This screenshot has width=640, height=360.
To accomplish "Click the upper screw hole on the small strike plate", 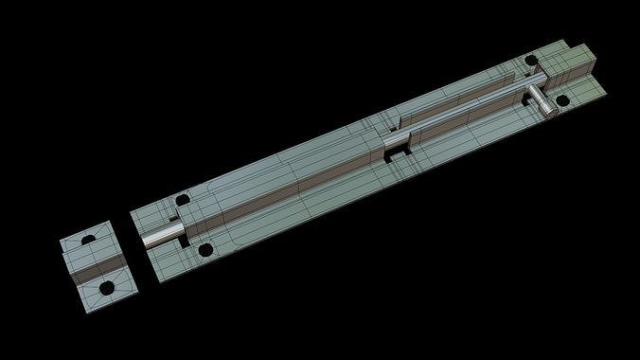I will [88, 240].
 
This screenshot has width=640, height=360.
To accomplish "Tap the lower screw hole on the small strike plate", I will [107, 286].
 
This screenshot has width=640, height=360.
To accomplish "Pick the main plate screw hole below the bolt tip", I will [204, 251].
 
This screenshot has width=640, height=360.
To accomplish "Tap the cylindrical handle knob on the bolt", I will [542, 101].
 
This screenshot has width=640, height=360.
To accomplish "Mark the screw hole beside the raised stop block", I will [532, 62].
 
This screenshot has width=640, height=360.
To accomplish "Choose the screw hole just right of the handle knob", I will [562, 99].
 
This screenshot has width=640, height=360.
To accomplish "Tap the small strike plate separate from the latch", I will [98, 263].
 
